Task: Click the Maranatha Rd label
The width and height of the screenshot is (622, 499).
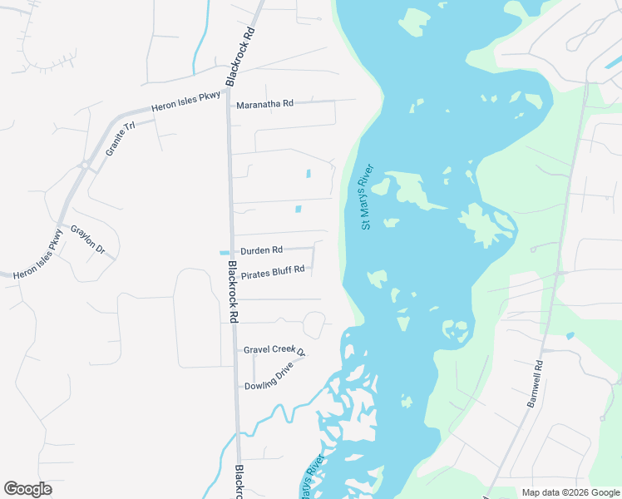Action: point(265,104)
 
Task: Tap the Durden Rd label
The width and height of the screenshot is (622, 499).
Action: point(262,249)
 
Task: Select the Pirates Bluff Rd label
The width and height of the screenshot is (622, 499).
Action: point(273,269)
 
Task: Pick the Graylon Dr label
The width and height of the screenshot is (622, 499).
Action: point(88,240)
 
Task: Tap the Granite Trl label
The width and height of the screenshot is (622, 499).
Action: point(120,140)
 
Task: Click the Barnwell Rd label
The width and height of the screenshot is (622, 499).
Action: point(535,383)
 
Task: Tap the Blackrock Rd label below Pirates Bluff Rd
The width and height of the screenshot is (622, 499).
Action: point(234,292)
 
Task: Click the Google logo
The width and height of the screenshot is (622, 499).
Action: point(28,489)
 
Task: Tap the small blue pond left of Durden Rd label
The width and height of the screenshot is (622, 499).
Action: point(223,253)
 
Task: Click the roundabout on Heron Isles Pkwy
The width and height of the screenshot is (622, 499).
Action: point(85,166)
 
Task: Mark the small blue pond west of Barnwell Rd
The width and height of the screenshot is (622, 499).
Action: point(569,336)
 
